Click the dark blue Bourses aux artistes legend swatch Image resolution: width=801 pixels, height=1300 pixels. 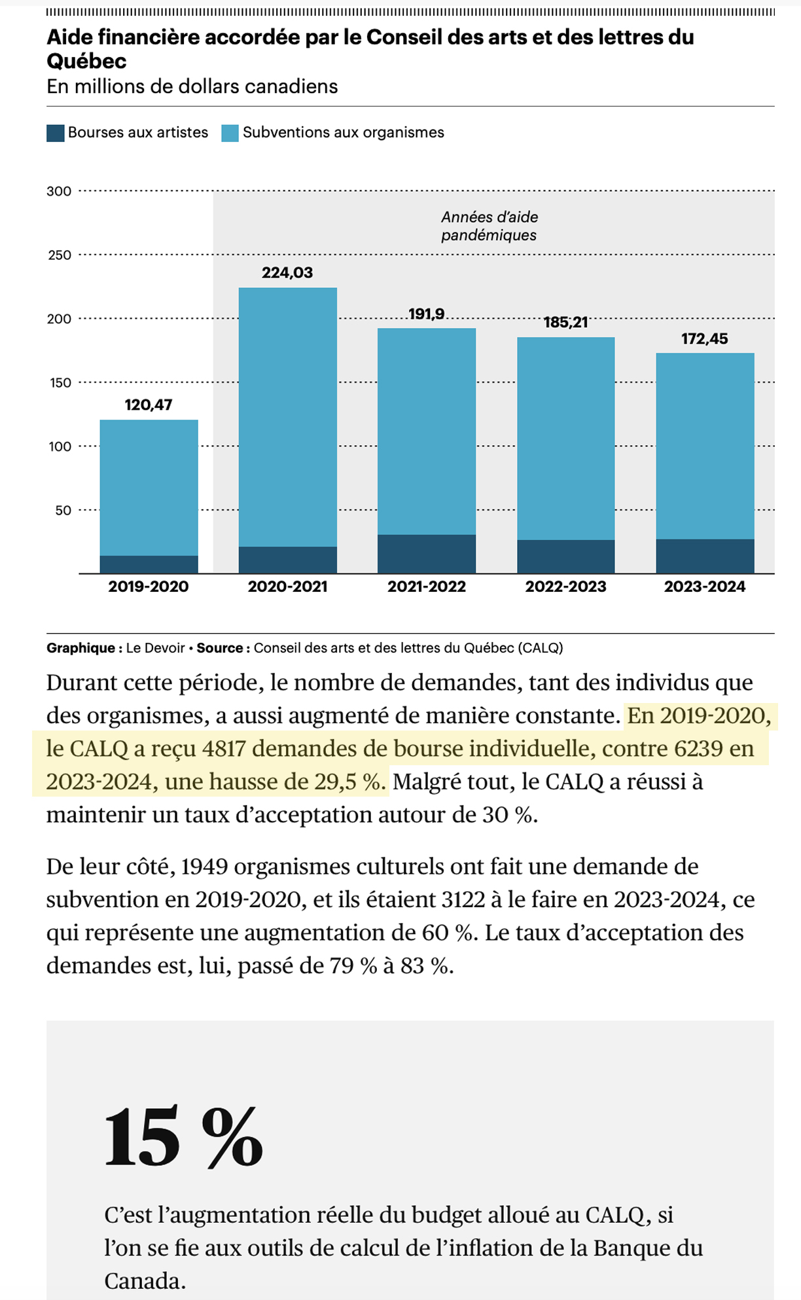tap(56, 133)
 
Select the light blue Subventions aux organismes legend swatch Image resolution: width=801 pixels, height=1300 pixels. tap(230, 133)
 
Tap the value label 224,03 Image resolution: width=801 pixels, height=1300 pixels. tap(287, 272)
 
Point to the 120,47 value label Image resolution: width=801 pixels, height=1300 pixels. tap(149, 405)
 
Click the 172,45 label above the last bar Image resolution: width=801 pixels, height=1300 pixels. tap(704, 338)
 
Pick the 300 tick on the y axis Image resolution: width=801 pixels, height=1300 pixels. tap(59, 192)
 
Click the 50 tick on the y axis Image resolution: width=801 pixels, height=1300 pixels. tap(63, 511)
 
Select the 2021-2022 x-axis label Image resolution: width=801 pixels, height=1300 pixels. tap(426, 587)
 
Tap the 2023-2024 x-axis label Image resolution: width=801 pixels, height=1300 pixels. tap(704, 587)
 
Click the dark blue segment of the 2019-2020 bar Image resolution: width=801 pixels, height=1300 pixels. tap(149, 564)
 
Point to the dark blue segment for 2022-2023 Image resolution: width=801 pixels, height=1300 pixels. tap(565, 556)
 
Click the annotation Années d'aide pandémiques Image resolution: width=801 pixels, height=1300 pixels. tap(489, 226)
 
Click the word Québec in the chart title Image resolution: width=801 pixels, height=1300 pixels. tap(86, 62)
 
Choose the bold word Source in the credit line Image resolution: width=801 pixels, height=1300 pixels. tap(220, 648)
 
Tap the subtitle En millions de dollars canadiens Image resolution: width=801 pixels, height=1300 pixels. tap(192, 86)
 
